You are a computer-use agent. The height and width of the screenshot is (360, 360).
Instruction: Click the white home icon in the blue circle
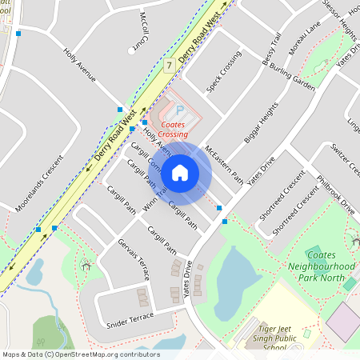(x=180, y=172)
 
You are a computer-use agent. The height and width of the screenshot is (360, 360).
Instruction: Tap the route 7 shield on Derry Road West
(x=169, y=64)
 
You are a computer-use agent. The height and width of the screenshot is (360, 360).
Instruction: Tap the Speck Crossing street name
(x=224, y=73)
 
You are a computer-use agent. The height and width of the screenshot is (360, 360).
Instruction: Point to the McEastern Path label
(x=224, y=165)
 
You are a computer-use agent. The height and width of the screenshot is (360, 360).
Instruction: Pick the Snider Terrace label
(x=129, y=321)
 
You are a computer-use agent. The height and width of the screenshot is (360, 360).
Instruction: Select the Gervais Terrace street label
(x=133, y=258)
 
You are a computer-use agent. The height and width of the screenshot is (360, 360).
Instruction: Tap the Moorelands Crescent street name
(x=37, y=196)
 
